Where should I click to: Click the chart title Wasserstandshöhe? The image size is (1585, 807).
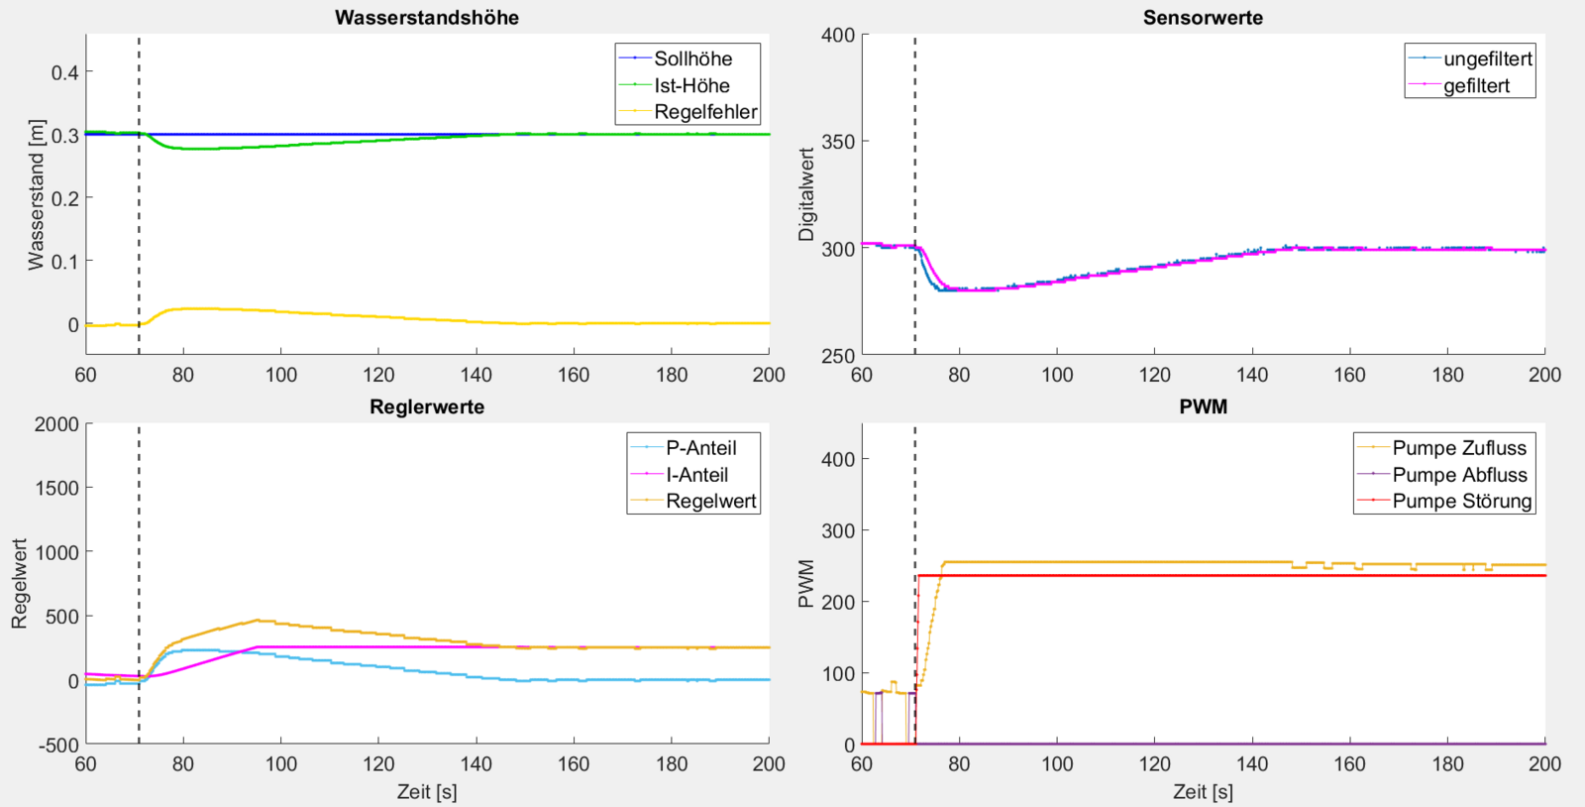pyautogui.click(x=426, y=18)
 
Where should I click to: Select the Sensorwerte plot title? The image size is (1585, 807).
pyautogui.click(x=1203, y=18)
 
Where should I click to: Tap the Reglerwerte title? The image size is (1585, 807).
pyautogui.click(x=426, y=407)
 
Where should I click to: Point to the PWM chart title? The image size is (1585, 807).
pyautogui.click(x=1203, y=407)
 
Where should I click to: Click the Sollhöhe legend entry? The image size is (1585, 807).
pyautogui.click(x=692, y=58)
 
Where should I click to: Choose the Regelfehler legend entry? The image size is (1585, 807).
pyautogui.click(x=705, y=112)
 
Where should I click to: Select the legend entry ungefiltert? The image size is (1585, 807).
pyautogui.click(x=1487, y=58)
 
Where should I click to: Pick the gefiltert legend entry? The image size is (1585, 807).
pyautogui.click(x=1476, y=85)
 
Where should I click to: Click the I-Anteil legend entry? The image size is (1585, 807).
pyautogui.click(x=696, y=475)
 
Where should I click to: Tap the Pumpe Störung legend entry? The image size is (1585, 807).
pyautogui.click(x=1461, y=501)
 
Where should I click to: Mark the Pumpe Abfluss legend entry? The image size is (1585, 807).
pyautogui.click(x=1459, y=475)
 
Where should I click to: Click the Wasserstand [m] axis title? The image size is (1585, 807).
pyautogui.click(x=37, y=194)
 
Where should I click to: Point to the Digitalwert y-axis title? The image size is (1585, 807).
pyautogui.click(x=806, y=194)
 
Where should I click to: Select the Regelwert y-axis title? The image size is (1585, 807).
pyautogui.click(x=20, y=584)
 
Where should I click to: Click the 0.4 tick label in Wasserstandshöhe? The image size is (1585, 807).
pyautogui.click(x=65, y=72)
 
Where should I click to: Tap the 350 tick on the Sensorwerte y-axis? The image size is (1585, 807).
pyautogui.click(x=838, y=142)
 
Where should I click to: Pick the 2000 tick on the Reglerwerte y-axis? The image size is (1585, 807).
pyautogui.click(x=56, y=424)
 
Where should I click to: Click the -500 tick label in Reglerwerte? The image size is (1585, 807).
pyautogui.click(x=56, y=745)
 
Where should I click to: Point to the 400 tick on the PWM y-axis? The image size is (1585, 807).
pyautogui.click(x=838, y=459)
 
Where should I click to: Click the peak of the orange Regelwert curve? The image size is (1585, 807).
pyautogui.click(x=258, y=621)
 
